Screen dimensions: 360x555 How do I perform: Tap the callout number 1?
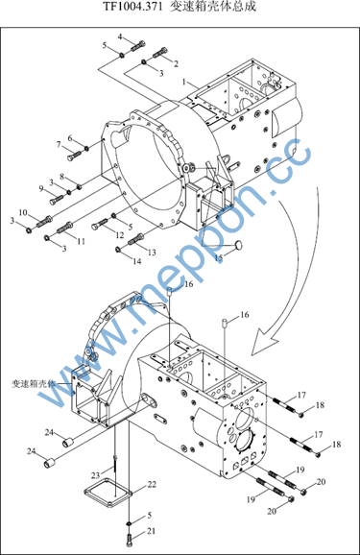(184, 82)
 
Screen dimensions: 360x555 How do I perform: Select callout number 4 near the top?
(120, 36)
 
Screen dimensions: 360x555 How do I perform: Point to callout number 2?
(176, 63)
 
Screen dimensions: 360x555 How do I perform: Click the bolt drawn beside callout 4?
(138, 46)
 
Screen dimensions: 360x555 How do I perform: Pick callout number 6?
(70, 138)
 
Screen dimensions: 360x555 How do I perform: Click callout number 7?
(59, 144)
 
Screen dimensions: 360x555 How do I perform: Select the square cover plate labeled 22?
(108, 493)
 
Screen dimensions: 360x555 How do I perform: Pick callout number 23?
(96, 475)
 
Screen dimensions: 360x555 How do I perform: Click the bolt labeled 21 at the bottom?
(129, 541)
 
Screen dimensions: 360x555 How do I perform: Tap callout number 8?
(61, 176)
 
